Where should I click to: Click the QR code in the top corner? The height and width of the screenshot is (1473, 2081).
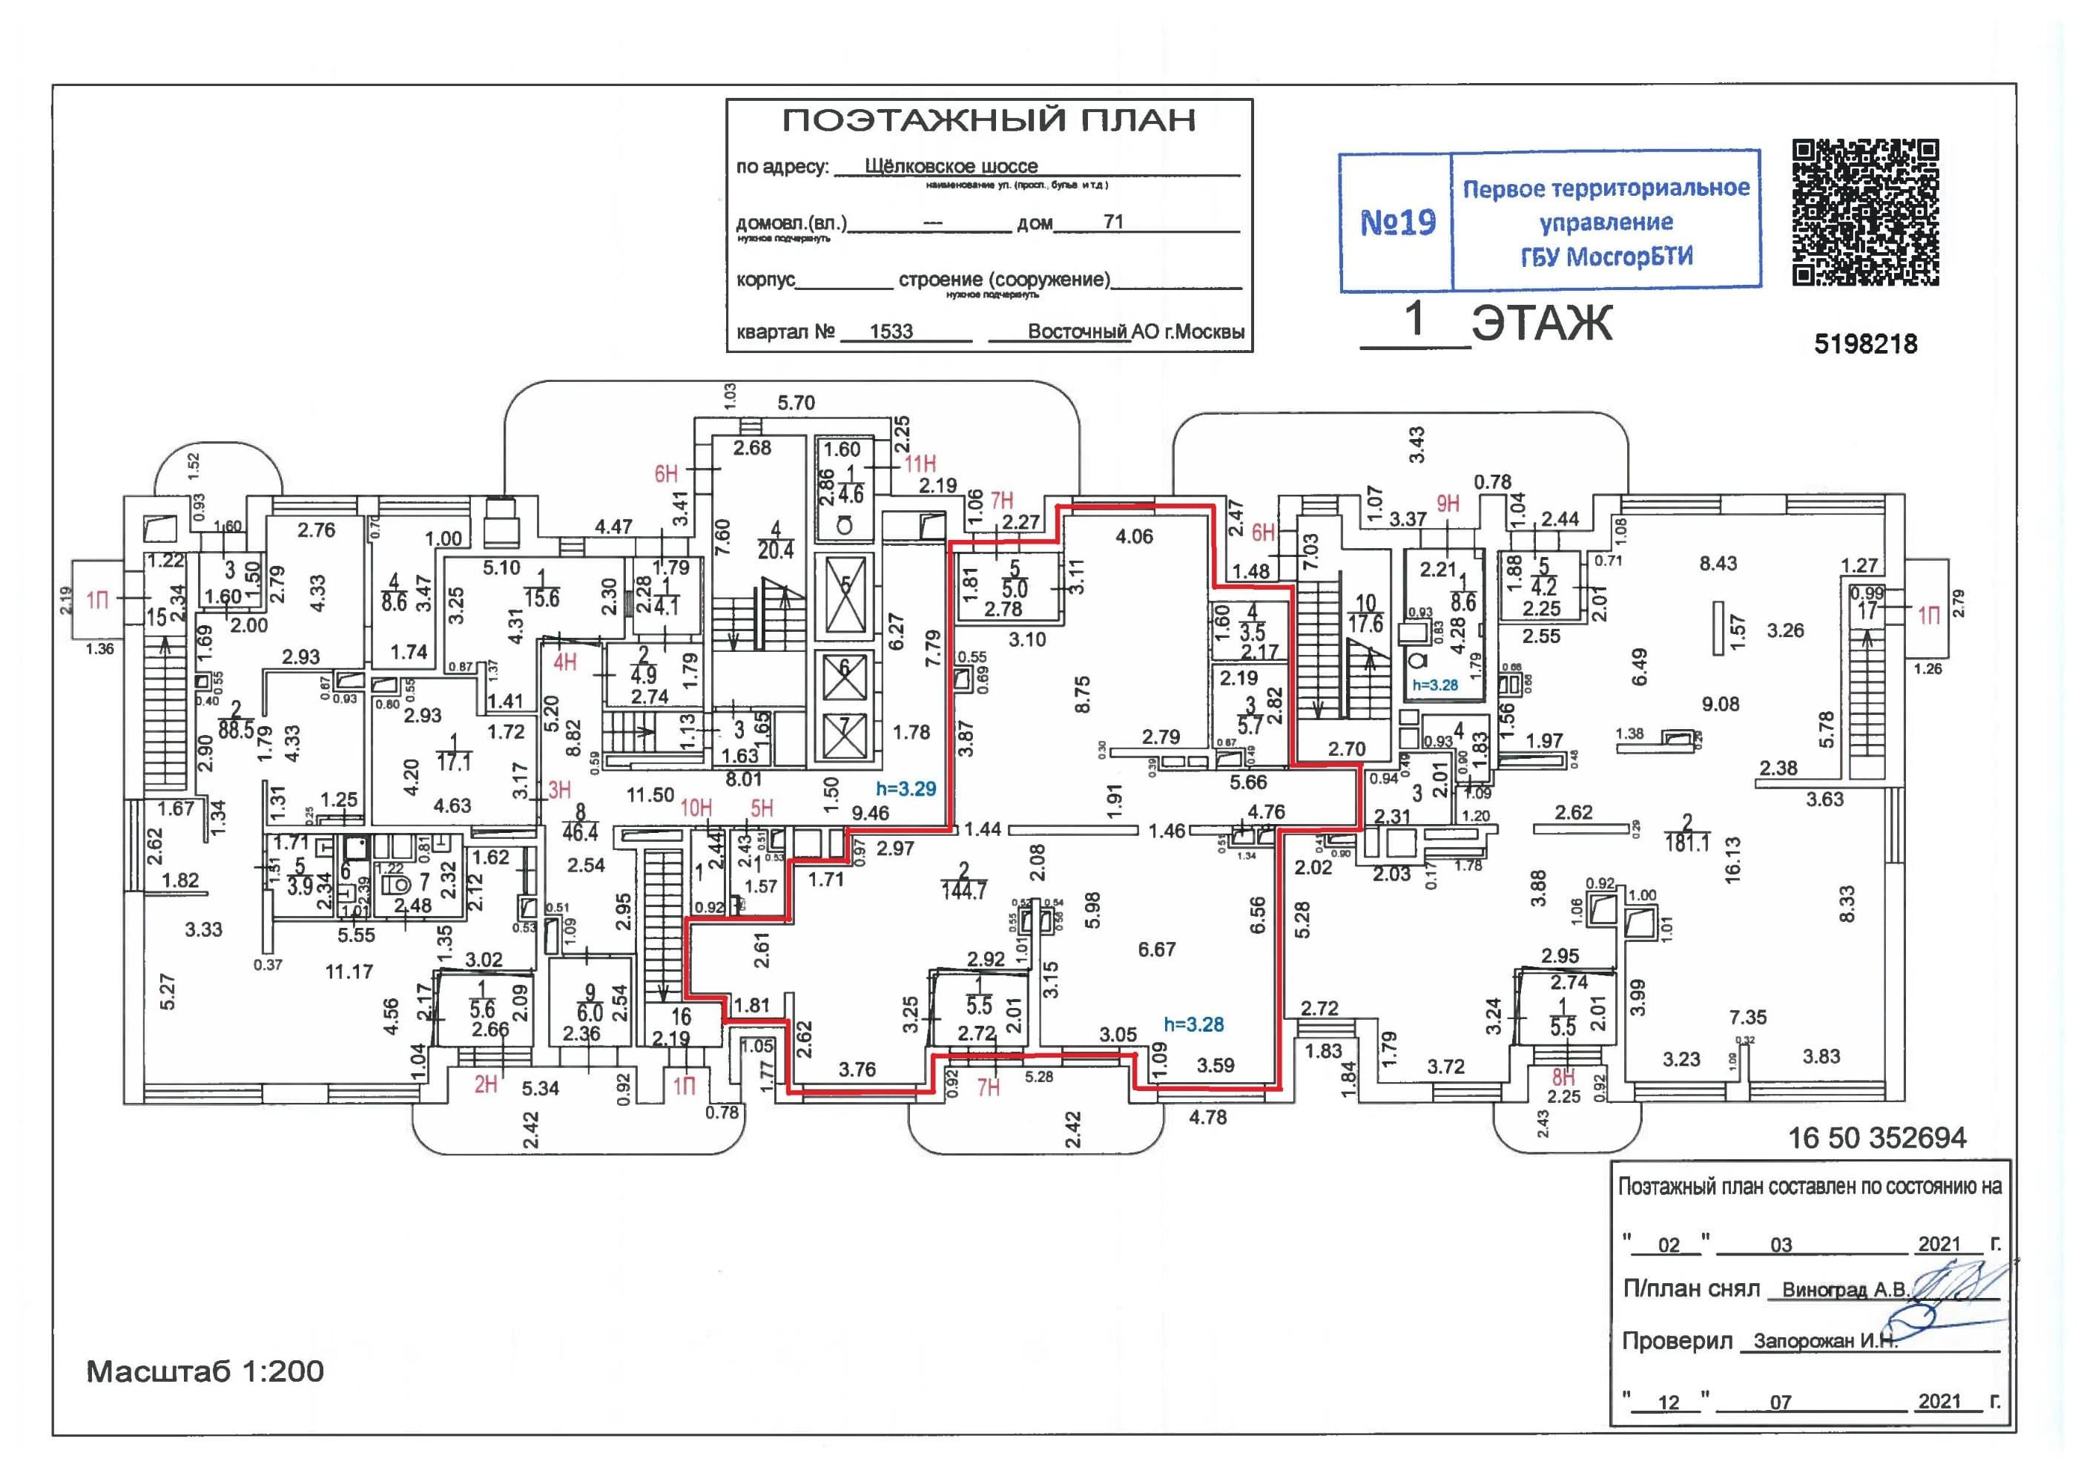1865,212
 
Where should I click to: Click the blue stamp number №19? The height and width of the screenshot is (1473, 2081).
1397,223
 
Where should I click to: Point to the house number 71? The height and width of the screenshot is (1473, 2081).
1112,221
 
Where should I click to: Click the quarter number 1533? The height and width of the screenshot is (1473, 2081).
891,331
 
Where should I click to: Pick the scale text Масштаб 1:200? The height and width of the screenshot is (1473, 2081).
205,1371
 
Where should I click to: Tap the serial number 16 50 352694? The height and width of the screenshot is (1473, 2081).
1876,1138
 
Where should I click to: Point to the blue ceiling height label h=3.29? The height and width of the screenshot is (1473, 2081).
906,789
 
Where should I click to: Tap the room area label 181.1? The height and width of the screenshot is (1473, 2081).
1686,843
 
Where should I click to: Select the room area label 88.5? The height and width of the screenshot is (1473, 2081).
236,729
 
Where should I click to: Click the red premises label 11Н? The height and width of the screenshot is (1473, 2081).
920,464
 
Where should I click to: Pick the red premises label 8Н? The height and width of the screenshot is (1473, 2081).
1563,1078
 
